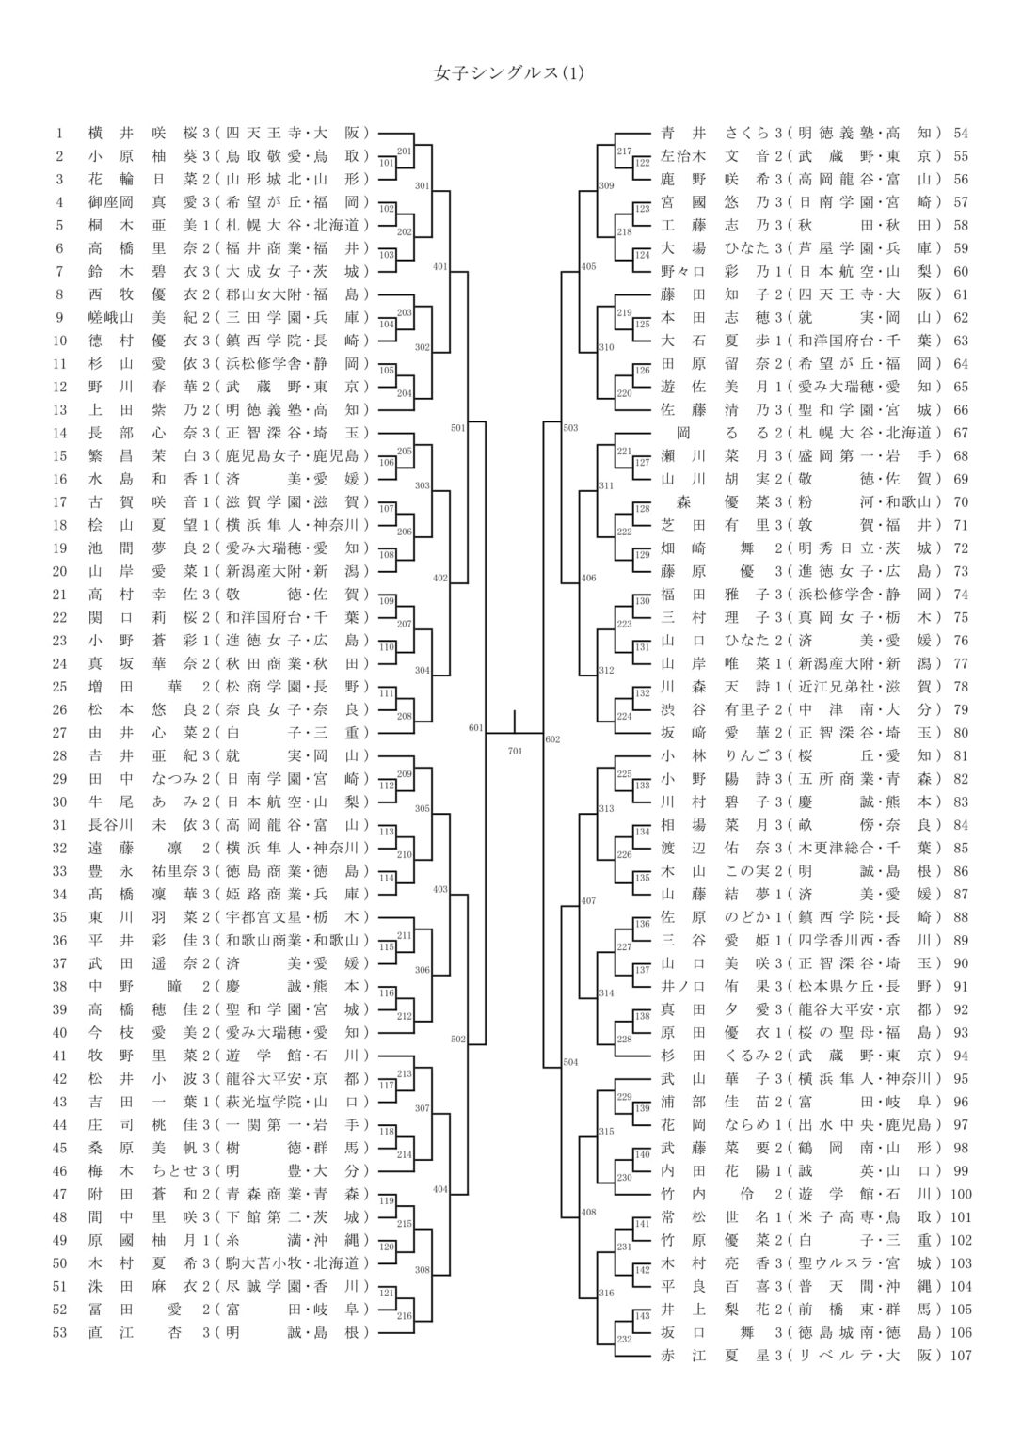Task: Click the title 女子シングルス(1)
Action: click(509, 72)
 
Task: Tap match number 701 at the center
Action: click(515, 751)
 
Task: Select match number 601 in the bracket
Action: click(475, 727)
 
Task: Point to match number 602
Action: click(552, 739)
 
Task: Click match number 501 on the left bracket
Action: click(457, 428)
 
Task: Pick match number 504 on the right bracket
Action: click(570, 1062)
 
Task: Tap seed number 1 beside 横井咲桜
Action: click(59, 133)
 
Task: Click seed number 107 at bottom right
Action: click(961, 1356)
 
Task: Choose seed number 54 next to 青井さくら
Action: click(961, 133)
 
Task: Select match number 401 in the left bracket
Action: click(439, 267)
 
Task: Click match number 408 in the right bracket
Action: click(588, 1212)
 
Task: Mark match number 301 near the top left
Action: click(422, 186)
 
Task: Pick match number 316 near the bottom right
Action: click(606, 1294)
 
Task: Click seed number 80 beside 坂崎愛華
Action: click(961, 732)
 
